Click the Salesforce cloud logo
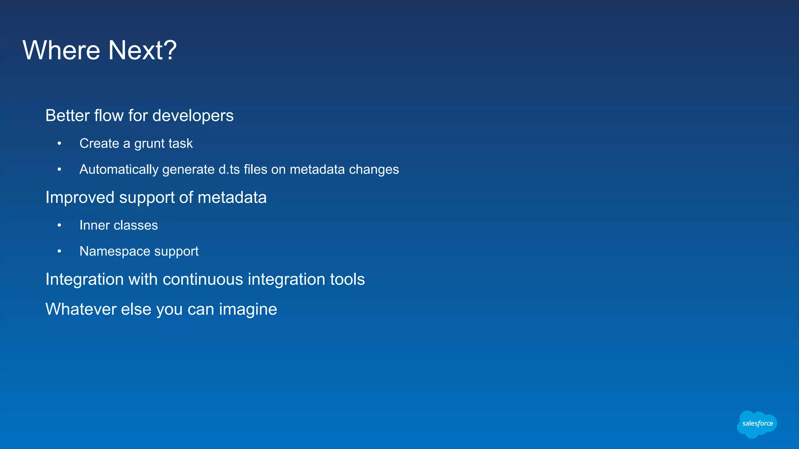click(757, 424)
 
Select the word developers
click(193, 116)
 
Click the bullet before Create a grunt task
click(59, 144)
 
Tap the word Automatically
click(119, 170)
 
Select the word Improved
click(80, 198)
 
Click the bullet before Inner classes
click(59, 226)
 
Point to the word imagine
click(248, 310)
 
